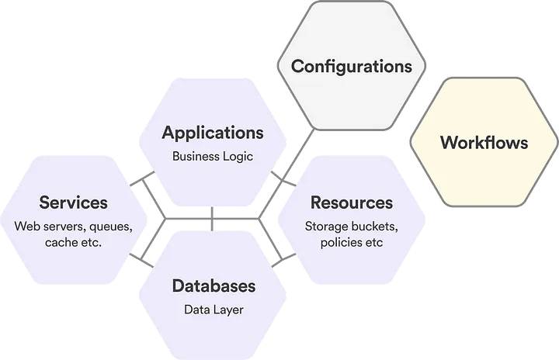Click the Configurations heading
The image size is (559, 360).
point(351,66)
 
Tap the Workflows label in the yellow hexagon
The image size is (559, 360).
point(484,143)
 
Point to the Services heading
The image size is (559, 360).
point(74,202)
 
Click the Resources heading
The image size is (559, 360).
point(352,202)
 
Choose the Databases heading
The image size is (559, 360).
point(213,286)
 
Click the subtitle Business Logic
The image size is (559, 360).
point(213,156)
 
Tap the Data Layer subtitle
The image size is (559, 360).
point(213,310)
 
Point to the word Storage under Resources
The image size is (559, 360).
point(325,227)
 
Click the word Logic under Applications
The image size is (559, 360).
point(238,156)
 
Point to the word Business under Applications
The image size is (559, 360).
point(196,156)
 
